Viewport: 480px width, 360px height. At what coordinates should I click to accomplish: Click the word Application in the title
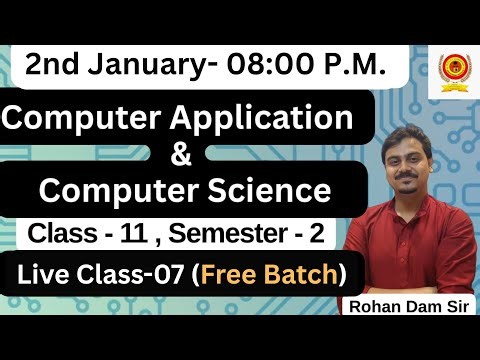(261, 121)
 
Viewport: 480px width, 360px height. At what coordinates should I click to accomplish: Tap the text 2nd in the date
(50, 66)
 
